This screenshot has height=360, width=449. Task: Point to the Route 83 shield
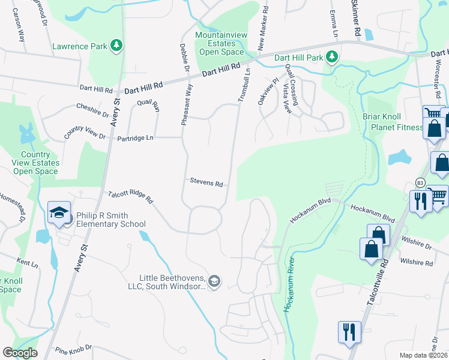(x=420, y=182)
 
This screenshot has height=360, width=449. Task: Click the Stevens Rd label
(x=206, y=181)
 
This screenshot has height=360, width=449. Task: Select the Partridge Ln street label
(x=137, y=137)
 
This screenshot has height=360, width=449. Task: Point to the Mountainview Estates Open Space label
(x=221, y=44)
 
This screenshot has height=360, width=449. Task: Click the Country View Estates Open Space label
(x=36, y=163)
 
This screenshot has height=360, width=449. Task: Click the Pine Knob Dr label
(x=73, y=347)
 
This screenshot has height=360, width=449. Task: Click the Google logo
(x=20, y=352)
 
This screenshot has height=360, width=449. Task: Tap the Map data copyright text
(x=424, y=355)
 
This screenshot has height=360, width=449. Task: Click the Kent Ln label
(x=28, y=263)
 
